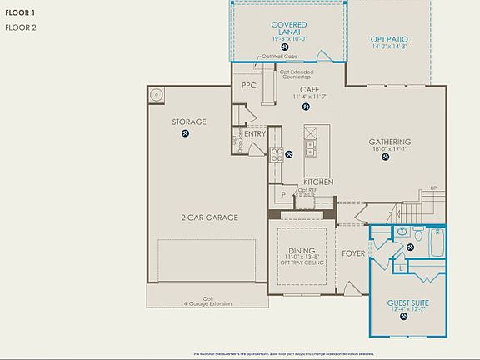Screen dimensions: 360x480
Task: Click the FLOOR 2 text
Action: pos(21,27)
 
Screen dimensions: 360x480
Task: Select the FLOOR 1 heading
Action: pos(21,13)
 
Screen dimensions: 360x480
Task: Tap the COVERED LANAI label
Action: pos(289,29)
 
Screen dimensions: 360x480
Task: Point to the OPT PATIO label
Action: pos(389,39)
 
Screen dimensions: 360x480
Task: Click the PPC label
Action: pos(248,86)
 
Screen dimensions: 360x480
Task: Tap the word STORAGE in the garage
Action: pos(189,122)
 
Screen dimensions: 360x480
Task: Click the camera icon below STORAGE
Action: pos(186,132)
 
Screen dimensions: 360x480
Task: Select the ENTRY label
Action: pos(255,133)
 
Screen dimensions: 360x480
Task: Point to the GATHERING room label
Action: pos(390,142)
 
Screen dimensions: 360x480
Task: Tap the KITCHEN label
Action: pos(318,182)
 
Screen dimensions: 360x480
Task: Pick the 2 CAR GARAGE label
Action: pos(210,217)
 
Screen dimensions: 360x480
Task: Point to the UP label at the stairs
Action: pos(432,187)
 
